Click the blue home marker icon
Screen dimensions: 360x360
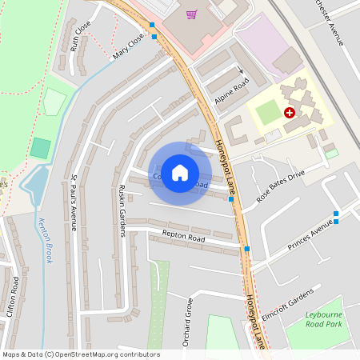(180, 173)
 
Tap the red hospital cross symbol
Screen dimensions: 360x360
(289, 114)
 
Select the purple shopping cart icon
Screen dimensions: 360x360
(191, 14)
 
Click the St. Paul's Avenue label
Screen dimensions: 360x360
(73, 202)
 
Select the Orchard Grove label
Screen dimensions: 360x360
(190, 318)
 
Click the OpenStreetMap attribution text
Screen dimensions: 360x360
(80, 354)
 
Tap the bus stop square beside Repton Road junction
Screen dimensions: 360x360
(246, 249)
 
